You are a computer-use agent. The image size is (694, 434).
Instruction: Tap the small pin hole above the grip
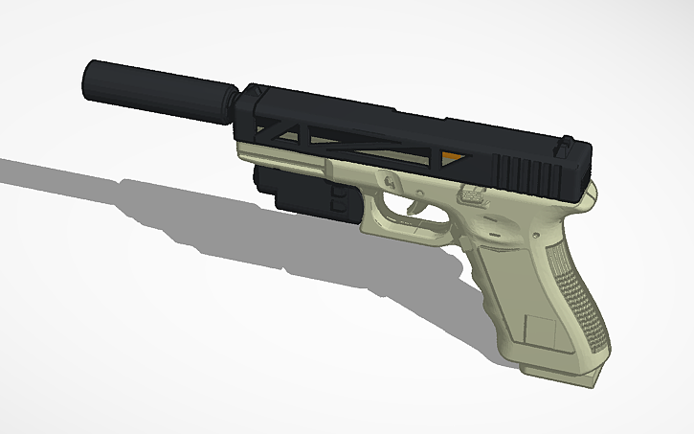[497, 233]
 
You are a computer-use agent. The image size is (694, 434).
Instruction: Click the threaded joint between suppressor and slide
[232, 103]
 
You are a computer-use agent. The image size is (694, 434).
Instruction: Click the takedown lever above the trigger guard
[390, 180]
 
